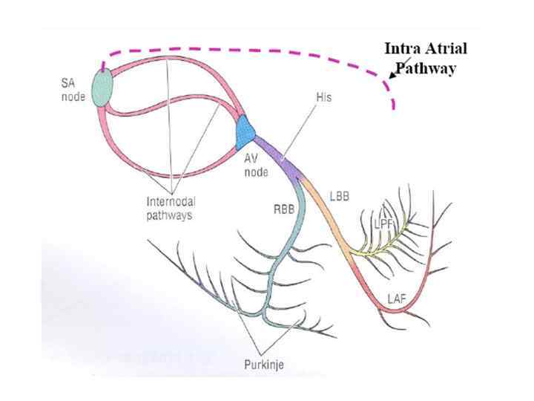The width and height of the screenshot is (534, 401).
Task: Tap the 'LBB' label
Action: tap(339, 198)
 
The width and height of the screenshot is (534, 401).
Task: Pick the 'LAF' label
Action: tap(397, 299)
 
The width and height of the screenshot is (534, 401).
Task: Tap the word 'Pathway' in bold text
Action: tap(425, 68)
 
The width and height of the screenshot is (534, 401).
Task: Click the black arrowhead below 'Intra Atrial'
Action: tap(391, 75)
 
